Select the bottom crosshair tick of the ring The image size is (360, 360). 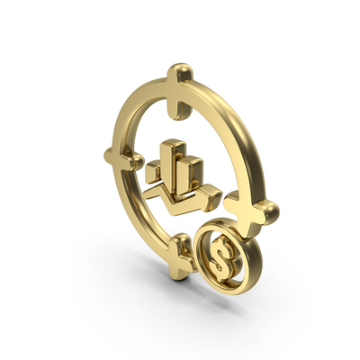tap(181, 256)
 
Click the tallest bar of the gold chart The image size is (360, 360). tap(173, 160)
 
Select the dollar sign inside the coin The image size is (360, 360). tap(221, 260)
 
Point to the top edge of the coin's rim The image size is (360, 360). tap(225, 226)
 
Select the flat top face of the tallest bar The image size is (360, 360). tap(171, 144)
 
